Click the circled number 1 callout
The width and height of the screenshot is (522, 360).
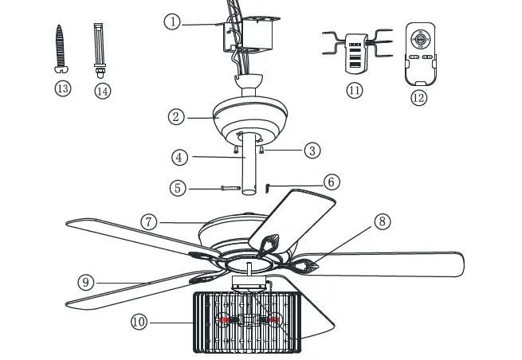[x=172, y=22]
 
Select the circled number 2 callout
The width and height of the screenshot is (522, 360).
[x=177, y=116]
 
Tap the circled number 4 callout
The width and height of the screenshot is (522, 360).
[x=181, y=157]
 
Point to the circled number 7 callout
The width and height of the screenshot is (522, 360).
[x=149, y=221]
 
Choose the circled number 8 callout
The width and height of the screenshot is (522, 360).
[x=383, y=221]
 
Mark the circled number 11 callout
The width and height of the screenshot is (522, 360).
[x=354, y=90]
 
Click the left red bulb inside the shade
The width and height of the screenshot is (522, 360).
[x=225, y=320]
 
